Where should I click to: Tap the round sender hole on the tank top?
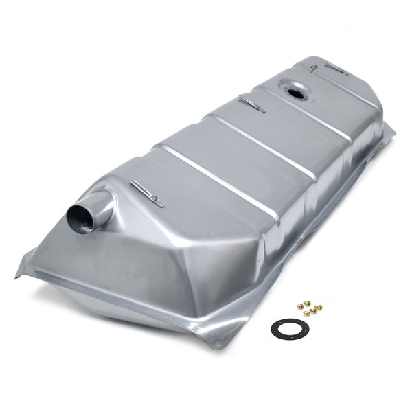click(295, 90)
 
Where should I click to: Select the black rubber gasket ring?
click(289, 328)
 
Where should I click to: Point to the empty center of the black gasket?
click(289, 328)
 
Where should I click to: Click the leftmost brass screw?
click(299, 306)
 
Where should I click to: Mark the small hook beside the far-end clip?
click(313, 67)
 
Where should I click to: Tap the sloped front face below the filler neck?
click(137, 268)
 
